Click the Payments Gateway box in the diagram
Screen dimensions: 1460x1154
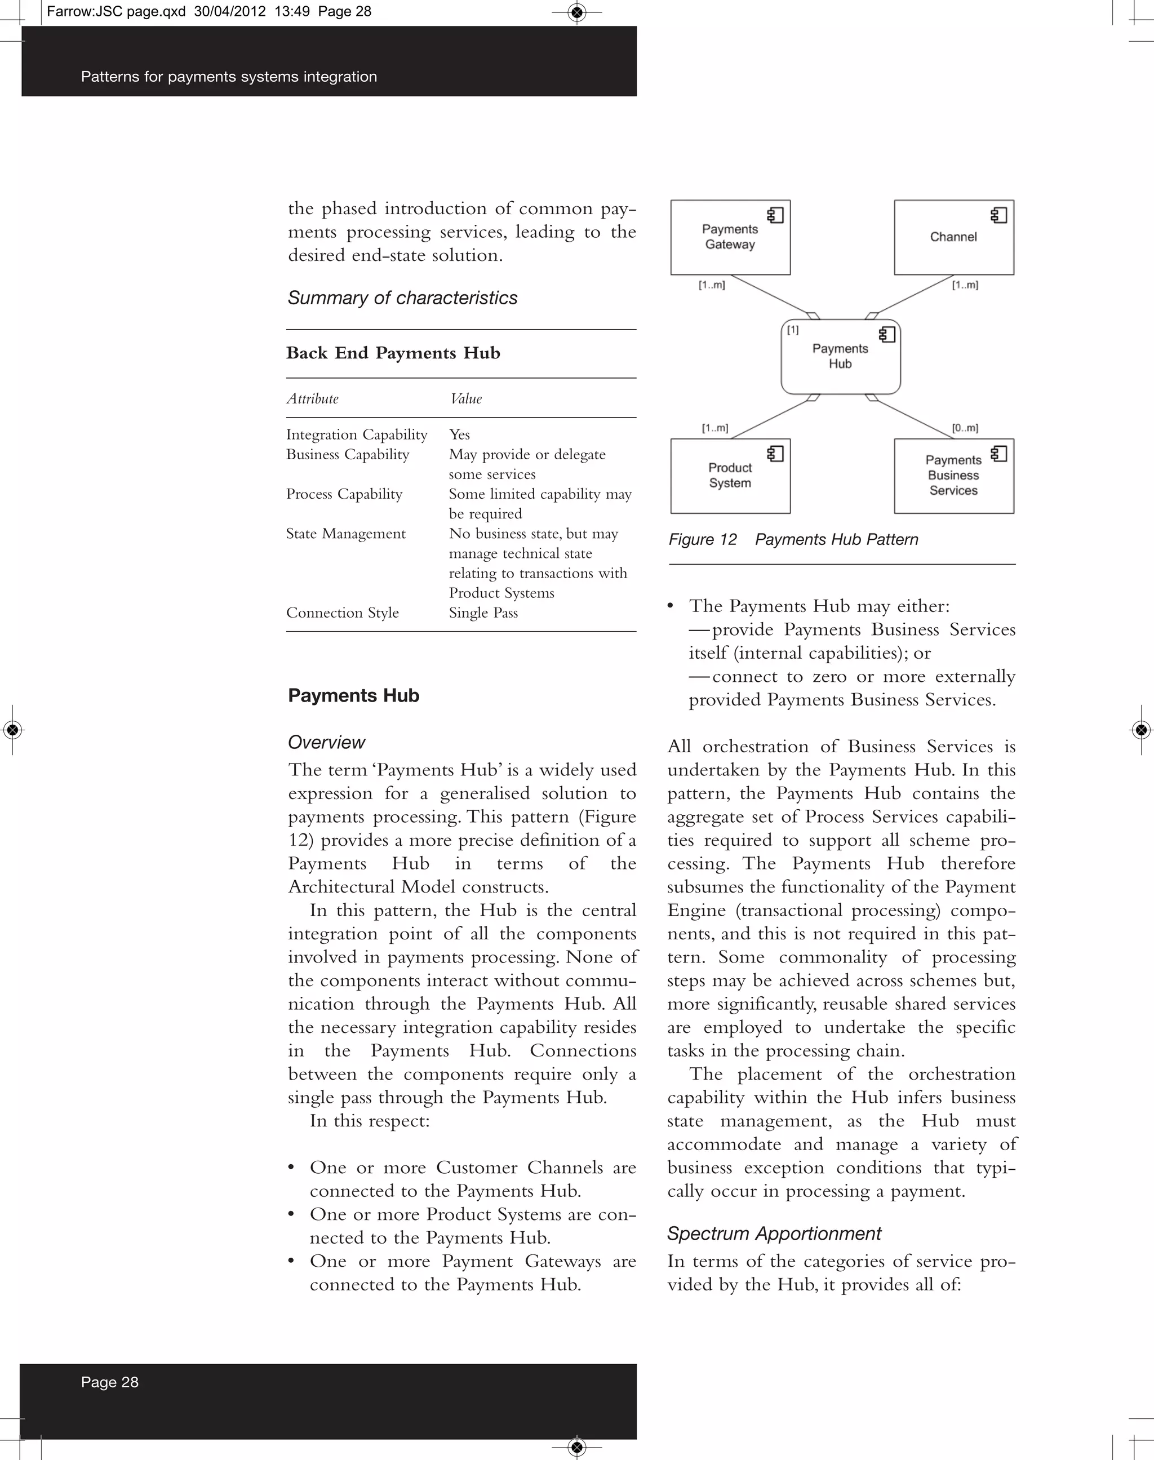[730, 237]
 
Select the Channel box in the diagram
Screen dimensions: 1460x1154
[953, 237]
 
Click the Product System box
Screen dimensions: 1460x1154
[730, 476]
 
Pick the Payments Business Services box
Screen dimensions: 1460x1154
[953, 476]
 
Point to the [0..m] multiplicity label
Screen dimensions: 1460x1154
[965, 428]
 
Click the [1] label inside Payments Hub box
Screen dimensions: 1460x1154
[793, 330]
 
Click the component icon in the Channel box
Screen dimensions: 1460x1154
[998, 215]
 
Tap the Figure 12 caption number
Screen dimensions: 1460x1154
[703, 540]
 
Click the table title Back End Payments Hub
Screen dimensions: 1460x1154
[393, 353]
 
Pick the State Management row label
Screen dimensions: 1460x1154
[345, 534]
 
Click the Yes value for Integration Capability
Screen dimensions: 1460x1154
[459, 434]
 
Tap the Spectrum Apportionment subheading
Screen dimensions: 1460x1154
[774, 1233]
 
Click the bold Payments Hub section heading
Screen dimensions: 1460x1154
[353, 695]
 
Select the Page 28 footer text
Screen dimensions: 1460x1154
[109, 1382]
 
